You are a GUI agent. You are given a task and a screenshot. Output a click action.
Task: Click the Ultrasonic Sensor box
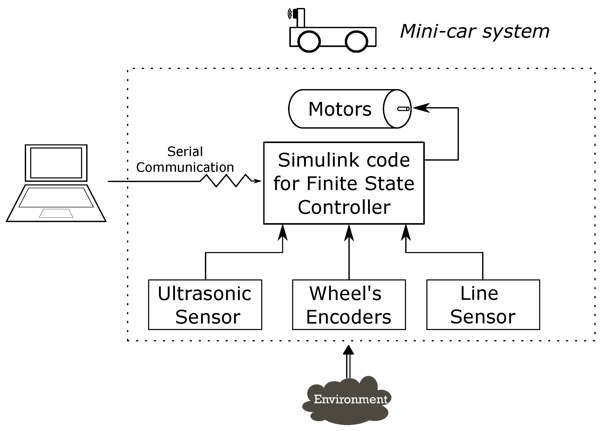pos(205,305)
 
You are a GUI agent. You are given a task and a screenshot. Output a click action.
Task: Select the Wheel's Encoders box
pos(349,305)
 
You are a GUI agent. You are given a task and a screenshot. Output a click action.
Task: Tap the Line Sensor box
pos(483,305)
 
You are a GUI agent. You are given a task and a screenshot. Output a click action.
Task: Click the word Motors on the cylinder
pos(340,109)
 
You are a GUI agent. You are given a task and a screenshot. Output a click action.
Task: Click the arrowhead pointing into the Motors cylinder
pos(421,108)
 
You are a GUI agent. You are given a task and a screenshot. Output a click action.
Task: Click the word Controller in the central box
pos(344,207)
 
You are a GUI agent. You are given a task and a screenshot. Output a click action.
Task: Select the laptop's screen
pos(56,163)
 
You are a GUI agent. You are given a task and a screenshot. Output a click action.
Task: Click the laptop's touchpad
pos(56,213)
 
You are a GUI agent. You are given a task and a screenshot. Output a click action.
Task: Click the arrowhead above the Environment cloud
pos(348,350)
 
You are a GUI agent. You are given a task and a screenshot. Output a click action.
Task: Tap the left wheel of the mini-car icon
pos(309,41)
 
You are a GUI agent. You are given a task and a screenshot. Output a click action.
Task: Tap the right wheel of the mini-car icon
pos(356,41)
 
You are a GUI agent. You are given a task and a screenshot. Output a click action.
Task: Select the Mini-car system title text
pos(474,32)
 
